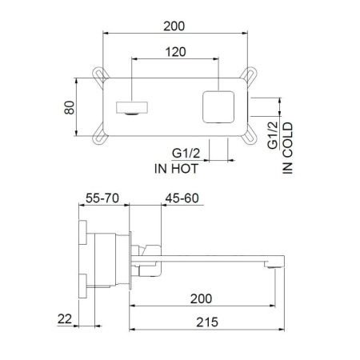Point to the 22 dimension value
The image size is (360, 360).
click(66, 319)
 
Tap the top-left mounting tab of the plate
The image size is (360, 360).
click(101, 75)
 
